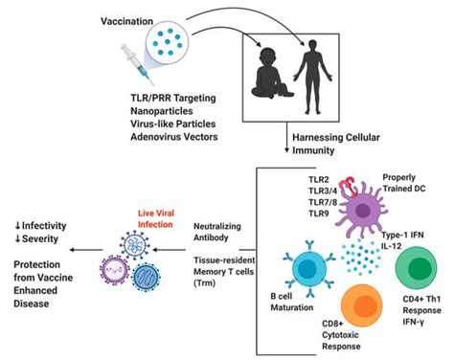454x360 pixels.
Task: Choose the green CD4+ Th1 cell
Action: click(x=420, y=266)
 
